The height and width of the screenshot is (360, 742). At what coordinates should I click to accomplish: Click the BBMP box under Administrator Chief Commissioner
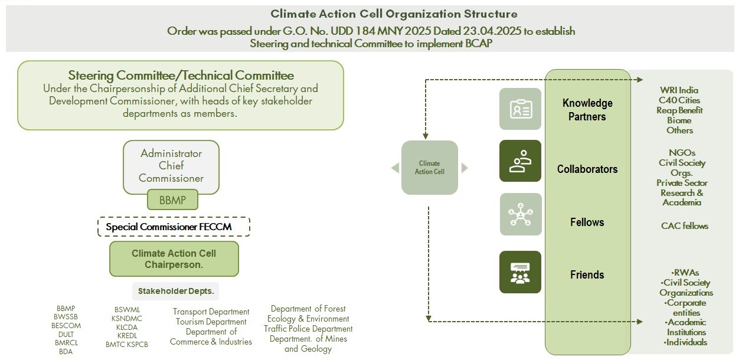tap(172, 200)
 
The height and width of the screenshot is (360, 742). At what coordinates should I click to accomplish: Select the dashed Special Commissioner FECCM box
tap(174, 227)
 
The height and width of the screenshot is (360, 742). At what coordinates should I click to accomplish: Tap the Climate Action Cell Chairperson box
tap(174, 259)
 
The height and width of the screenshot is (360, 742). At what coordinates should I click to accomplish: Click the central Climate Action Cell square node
tap(430, 168)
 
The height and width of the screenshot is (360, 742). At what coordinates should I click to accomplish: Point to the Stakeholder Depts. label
tap(175, 291)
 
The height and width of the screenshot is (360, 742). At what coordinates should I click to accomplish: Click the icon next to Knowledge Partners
tap(520, 109)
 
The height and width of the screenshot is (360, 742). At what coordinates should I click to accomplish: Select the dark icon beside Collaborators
tap(520, 161)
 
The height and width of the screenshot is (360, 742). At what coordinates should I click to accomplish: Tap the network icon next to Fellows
tap(520, 214)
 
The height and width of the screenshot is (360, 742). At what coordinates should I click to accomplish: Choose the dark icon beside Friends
tap(520, 272)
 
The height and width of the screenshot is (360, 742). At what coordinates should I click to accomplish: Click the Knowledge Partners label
tap(587, 110)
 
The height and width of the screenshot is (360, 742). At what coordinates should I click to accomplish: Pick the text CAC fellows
tap(684, 226)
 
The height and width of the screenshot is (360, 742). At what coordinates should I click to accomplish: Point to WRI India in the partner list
tap(679, 90)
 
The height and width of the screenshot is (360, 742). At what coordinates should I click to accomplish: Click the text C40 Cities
tap(679, 100)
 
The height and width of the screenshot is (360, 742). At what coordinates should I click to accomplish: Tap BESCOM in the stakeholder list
tap(66, 326)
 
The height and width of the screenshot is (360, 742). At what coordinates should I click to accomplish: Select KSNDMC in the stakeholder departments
tap(127, 319)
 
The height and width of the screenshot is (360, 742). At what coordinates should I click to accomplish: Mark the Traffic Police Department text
tap(308, 329)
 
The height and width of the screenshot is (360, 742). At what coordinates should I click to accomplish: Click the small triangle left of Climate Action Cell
tap(395, 168)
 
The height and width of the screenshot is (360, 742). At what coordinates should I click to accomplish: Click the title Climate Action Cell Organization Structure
tap(394, 14)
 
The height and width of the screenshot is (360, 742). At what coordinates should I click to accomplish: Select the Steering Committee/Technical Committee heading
tap(181, 76)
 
